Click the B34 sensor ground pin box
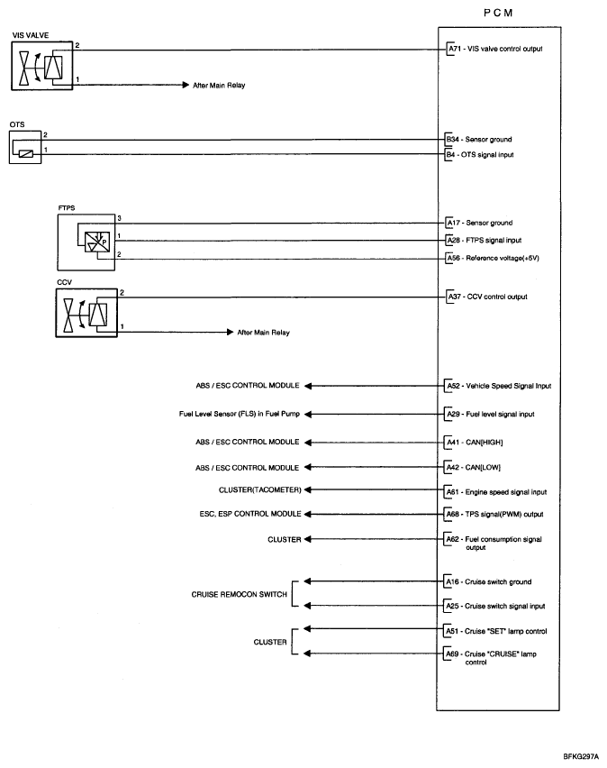(x=452, y=141)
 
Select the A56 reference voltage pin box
(x=452, y=258)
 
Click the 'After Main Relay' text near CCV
(x=263, y=333)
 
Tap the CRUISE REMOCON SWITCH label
(x=240, y=594)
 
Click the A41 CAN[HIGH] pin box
(x=452, y=443)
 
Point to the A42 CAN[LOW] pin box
(x=452, y=467)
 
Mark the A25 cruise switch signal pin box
(x=452, y=606)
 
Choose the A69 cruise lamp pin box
(x=452, y=654)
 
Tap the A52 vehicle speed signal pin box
(x=452, y=385)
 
